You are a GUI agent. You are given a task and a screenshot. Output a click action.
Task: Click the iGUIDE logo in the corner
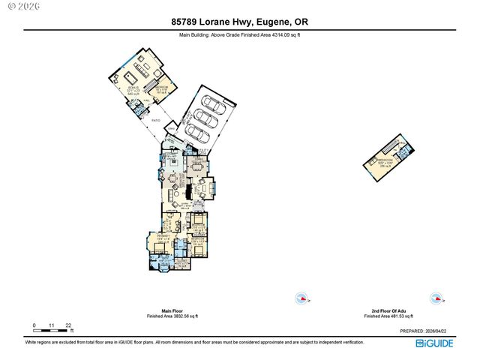point(435,343)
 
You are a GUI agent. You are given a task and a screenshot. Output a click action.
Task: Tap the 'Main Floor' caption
point(172,310)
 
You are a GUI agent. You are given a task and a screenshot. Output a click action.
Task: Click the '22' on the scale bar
point(68,325)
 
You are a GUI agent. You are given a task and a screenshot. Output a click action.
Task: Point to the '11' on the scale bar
point(52,325)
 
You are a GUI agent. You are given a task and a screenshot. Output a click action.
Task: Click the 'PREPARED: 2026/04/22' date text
point(427,331)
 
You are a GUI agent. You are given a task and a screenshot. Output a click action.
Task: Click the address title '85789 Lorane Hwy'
point(213,22)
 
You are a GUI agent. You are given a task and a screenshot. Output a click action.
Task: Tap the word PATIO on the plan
point(157,120)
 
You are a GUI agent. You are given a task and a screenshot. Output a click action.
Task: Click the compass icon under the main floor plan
point(301,298)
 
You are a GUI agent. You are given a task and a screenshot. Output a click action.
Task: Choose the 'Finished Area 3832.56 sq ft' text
point(172,316)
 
